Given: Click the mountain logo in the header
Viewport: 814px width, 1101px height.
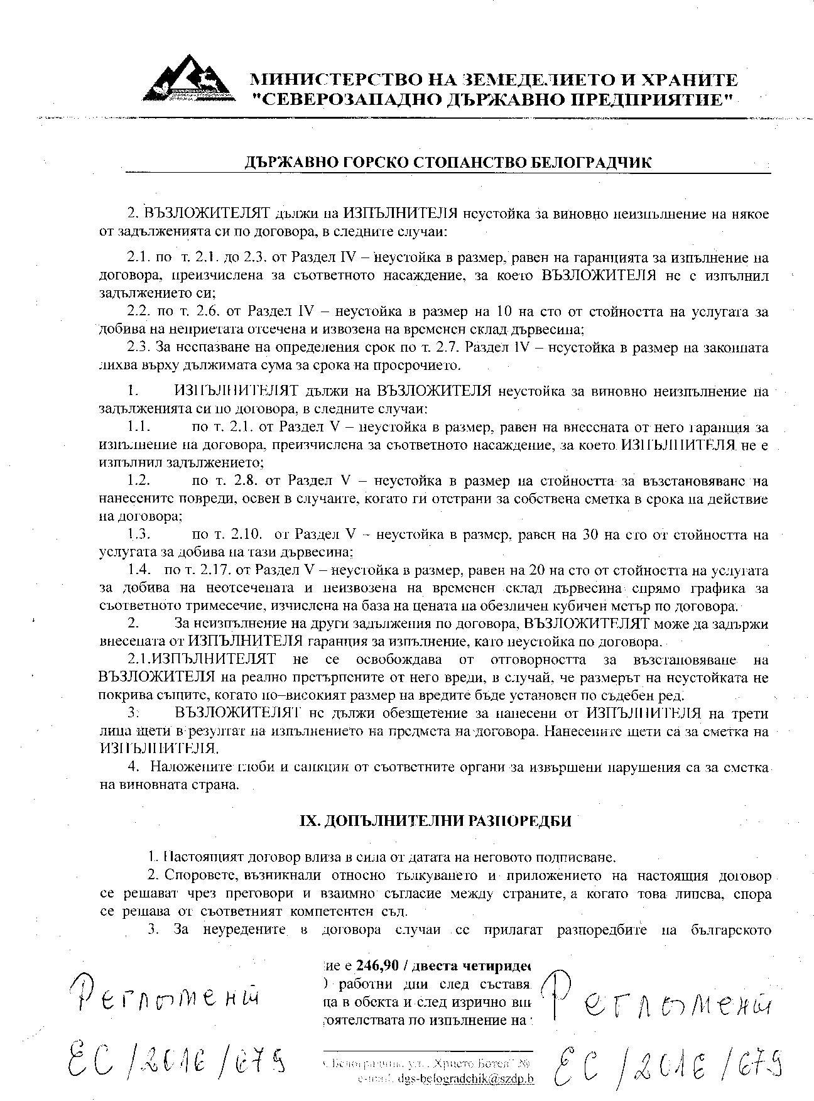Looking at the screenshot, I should pos(188,80).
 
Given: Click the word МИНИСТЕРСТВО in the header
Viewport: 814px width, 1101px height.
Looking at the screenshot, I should pos(324,80).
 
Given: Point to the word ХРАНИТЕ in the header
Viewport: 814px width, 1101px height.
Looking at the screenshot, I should pos(693,80).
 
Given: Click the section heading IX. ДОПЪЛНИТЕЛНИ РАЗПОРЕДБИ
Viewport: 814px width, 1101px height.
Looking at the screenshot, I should pos(434,820).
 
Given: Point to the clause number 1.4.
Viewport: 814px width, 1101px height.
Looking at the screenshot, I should pos(139,571).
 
